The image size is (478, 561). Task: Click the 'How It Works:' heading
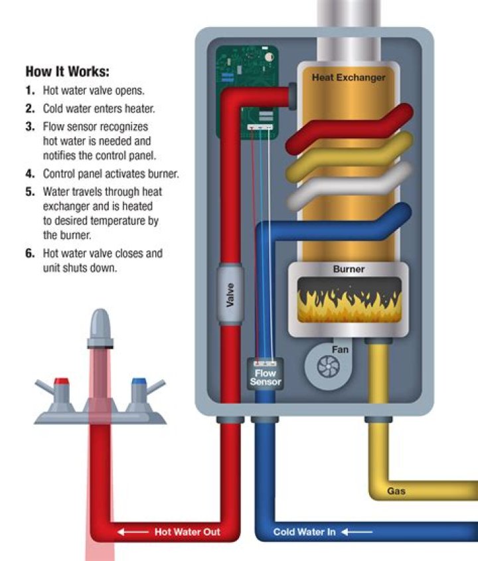pyautogui.click(x=67, y=72)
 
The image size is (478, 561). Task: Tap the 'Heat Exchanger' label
pyautogui.click(x=349, y=77)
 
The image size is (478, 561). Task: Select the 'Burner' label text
pyautogui.click(x=349, y=269)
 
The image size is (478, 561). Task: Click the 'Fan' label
pyautogui.click(x=340, y=350)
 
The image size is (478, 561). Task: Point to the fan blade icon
pyautogui.click(x=329, y=366)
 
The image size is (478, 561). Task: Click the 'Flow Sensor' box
pyautogui.click(x=266, y=374)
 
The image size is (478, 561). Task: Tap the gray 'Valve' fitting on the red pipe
pyautogui.click(x=230, y=295)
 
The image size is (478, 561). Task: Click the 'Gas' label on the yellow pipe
pyautogui.click(x=396, y=491)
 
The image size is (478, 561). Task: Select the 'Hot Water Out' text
pyautogui.click(x=187, y=532)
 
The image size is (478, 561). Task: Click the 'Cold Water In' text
pyautogui.click(x=305, y=532)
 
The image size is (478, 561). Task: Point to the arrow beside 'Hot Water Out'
pyautogui.click(x=133, y=532)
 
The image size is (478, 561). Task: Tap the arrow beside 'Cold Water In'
pyautogui.click(x=357, y=532)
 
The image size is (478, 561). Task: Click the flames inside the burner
pyautogui.click(x=349, y=302)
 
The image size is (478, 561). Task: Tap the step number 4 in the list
pyautogui.click(x=30, y=174)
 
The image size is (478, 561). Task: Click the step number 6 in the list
pyautogui.click(x=30, y=254)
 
